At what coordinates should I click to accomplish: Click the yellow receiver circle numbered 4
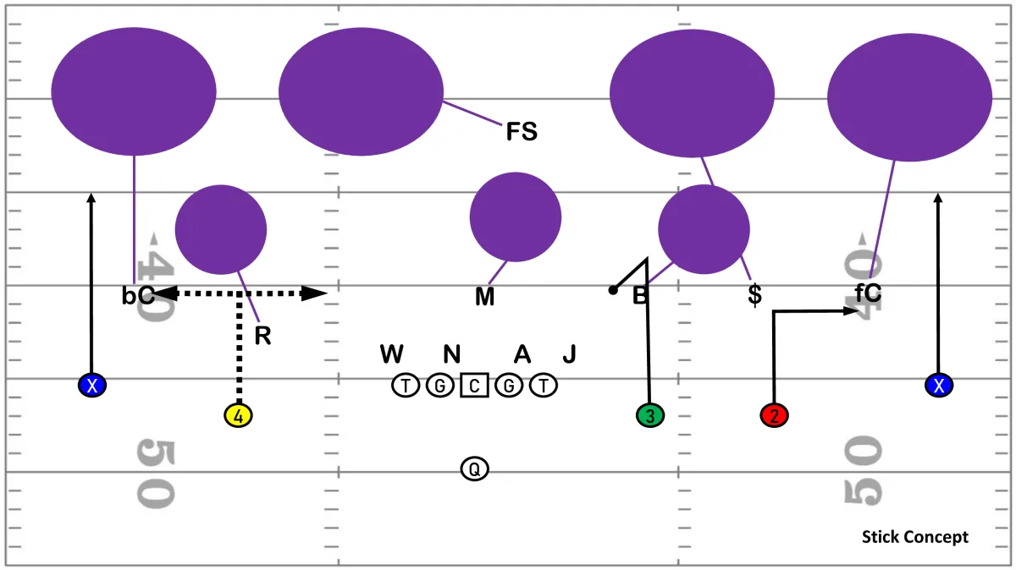238,415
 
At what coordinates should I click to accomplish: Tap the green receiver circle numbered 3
650,415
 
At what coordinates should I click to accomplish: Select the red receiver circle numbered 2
774,415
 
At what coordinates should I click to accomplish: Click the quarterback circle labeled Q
474,469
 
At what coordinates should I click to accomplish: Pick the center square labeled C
474,385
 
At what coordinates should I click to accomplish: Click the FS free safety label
522,131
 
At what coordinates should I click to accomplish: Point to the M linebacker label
484,297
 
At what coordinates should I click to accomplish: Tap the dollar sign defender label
754,294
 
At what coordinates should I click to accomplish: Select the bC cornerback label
138,295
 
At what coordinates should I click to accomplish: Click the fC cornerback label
868,293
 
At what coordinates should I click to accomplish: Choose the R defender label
262,336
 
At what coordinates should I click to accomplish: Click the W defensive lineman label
391,354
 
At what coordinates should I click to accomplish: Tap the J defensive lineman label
569,354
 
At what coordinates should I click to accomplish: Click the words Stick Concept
915,537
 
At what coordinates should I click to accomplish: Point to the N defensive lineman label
452,354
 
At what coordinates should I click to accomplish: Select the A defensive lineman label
522,354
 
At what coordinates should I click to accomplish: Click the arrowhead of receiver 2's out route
851,311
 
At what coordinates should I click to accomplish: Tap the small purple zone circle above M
516,217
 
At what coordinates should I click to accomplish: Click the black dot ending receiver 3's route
613,290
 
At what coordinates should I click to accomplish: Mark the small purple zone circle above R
221,230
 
